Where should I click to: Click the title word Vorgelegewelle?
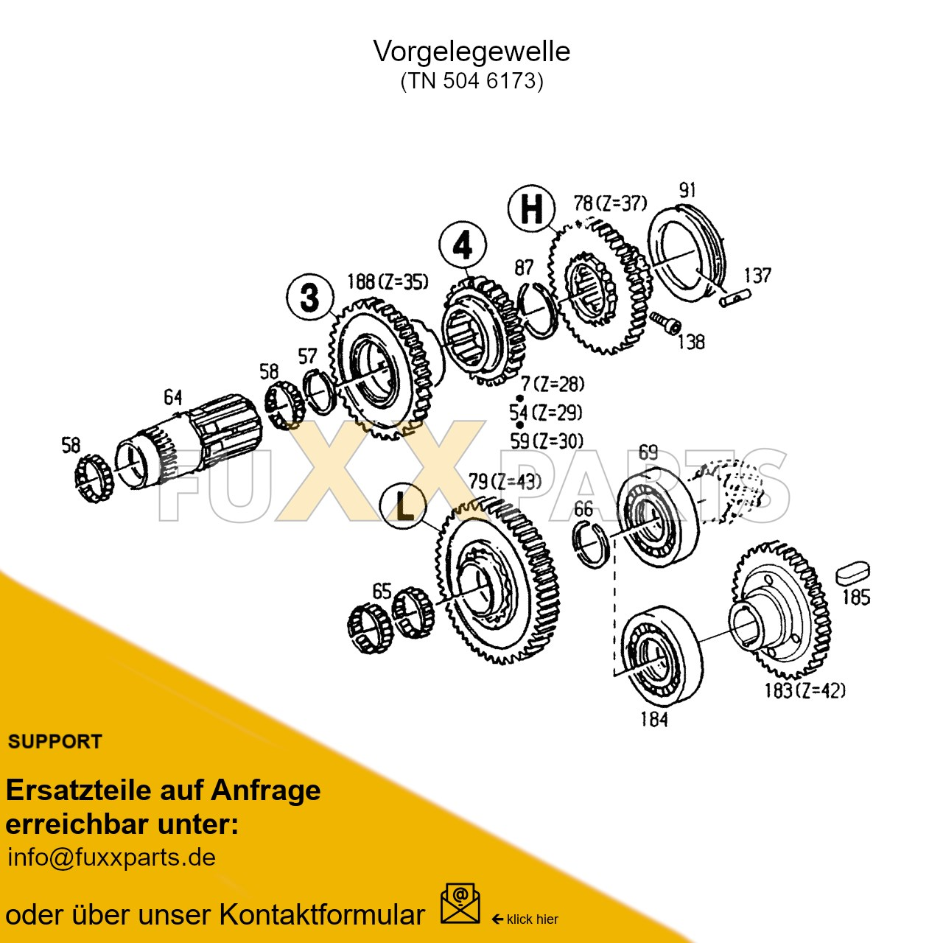471,52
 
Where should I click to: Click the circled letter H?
531,208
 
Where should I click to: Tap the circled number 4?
463,245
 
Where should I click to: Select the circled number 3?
310,298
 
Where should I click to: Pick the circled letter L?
403,507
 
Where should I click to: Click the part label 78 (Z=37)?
610,203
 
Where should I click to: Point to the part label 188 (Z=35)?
388,282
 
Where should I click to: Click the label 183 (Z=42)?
804,690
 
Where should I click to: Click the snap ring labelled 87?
538,309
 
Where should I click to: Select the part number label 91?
687,190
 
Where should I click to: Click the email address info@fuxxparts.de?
111,858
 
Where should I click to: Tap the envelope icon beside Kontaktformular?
460,905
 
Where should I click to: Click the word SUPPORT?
55,742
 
